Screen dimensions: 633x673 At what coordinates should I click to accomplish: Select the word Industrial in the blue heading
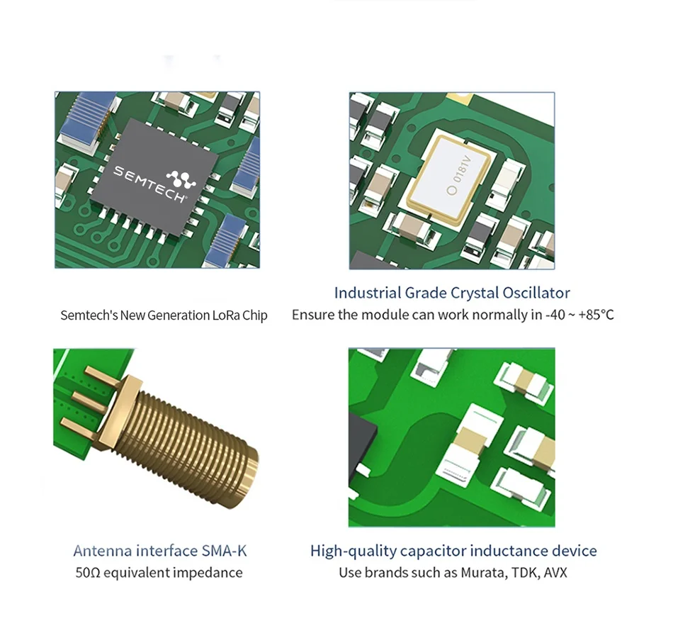pos(368,293)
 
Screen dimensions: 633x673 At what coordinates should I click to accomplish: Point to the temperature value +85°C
pos(596,315)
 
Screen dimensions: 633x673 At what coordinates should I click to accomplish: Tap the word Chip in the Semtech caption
pos(255,315)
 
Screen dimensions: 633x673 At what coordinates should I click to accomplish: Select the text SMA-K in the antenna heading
pos(224,551)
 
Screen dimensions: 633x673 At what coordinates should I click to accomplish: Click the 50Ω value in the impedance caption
pos(88,573)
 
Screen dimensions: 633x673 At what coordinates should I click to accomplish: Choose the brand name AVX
pos(555,573)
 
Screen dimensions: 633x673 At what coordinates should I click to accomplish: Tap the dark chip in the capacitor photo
pos(364,443)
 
